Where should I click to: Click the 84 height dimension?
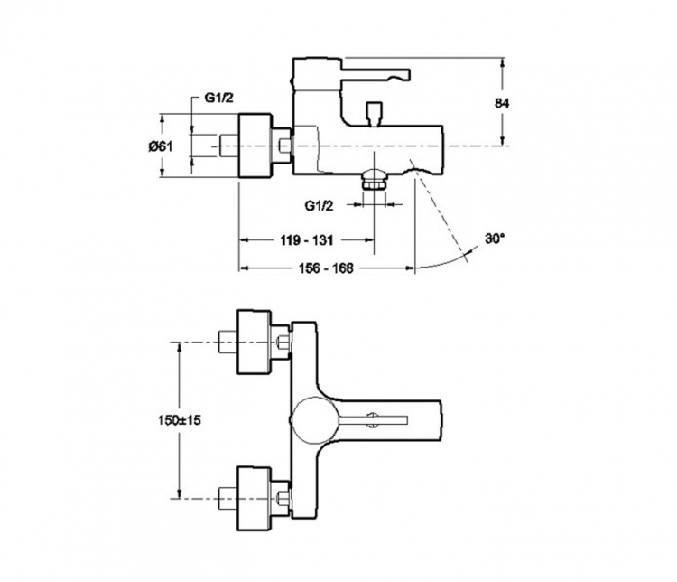tap(501, 103)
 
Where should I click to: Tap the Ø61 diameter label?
tap(161, 146)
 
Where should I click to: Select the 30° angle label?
tap(495, 239)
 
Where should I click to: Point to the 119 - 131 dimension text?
tap(307, 240)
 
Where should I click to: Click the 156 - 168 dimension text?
tap(326, 268)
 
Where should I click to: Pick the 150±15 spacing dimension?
tap(180, 419)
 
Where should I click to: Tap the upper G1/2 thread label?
tap(218, 98)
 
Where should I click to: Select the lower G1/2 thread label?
tap(320, 206)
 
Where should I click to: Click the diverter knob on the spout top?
tap(374, 113)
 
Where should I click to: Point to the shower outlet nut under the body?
tap(374, 180)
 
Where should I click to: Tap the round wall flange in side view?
tap(255, 145)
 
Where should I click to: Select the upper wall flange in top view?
tap(255, 342)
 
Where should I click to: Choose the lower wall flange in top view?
tap(255, 499)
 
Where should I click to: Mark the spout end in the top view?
tap(440, 420)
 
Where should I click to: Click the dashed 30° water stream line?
tap(439, 211)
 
